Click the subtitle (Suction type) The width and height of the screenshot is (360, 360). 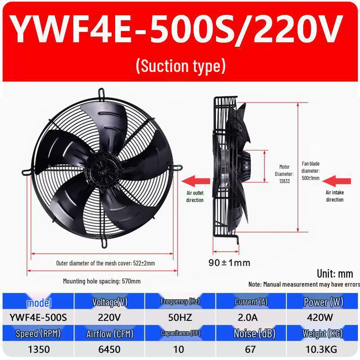click(x=181, y=66)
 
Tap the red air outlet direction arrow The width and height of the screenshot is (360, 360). click(x=196, y=181)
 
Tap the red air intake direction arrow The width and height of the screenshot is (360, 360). click(x=337, y=181)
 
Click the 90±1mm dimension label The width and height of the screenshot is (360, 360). click(x=229, y=263)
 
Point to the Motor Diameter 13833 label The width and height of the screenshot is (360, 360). click(x=284, y=174)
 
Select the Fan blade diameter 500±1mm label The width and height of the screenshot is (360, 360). click(x=310, y=171)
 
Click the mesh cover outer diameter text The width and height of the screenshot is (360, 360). click(x=105, y=263)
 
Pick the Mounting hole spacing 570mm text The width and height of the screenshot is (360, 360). click(x=102, y=281)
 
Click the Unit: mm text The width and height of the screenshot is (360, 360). click(x=335, y=274)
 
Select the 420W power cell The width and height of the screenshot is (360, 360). click(x=320, y=318)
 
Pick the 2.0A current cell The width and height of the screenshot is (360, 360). click(x=247, y=318)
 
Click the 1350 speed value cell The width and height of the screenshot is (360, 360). click(x=39, y=350)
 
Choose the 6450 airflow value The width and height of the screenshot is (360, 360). click(x=109, y=350)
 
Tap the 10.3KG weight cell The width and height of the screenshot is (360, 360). click(x=321, y=350)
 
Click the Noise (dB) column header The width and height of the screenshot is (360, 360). click(x=254, y=333)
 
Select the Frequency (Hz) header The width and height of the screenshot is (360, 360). click(x=180, y=301)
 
